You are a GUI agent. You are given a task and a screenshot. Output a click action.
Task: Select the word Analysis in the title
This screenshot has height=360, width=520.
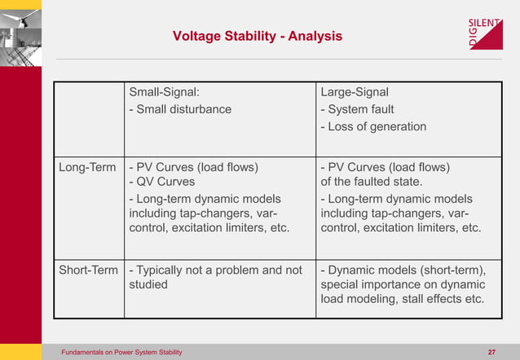click(314, 36)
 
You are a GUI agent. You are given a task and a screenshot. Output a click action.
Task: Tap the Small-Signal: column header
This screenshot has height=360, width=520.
click(165, 92)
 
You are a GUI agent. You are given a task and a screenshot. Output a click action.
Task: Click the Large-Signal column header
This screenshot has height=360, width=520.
click(355, 92)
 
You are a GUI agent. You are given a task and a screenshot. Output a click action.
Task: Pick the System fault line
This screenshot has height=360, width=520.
click(357, 109)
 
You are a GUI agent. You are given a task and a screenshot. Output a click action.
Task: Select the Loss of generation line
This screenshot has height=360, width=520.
click(373, 126)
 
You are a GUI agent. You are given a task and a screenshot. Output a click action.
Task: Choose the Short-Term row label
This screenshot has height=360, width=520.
click(89, 270)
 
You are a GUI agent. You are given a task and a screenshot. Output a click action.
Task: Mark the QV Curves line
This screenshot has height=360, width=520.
click(162, 182)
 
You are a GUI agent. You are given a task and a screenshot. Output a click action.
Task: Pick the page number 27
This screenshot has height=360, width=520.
click(491, 352)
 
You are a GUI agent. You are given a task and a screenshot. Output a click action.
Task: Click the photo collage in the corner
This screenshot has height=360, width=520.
click(21, 33)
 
